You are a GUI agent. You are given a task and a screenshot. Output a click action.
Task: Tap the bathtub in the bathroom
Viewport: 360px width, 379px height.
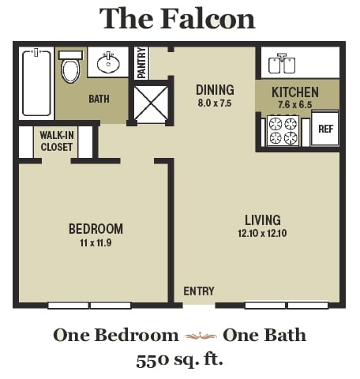point(36,83)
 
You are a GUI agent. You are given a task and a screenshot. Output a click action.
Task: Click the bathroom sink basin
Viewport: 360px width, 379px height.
point(109,62)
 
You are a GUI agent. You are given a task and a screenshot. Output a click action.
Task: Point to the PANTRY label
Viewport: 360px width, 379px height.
point(142,63)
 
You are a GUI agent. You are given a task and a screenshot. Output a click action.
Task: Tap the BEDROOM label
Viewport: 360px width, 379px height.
point(96,229)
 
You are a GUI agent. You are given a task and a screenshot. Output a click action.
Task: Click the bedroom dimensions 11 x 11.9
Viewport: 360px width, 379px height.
point(96,243)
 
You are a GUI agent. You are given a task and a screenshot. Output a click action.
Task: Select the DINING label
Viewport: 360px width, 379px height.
point(215,89)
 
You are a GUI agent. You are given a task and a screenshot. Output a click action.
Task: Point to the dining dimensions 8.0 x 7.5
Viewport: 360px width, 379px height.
point(215,103)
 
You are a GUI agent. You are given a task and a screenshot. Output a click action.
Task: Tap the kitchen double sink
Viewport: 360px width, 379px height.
point(280,63)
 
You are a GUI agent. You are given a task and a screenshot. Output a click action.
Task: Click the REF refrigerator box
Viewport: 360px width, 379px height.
point(324,129)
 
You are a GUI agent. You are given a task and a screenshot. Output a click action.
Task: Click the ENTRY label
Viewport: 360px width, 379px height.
point(198,291)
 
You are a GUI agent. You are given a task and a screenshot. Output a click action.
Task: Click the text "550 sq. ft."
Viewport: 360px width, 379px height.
point(179,360)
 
